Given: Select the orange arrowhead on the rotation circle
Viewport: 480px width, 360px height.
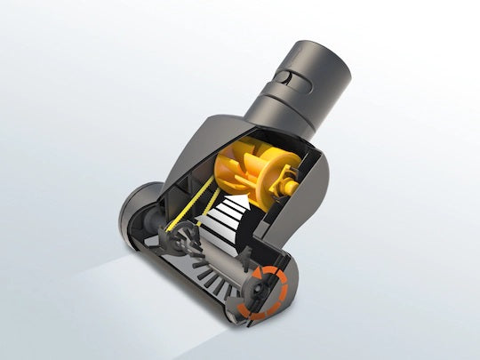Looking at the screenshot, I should pos(283,277).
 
